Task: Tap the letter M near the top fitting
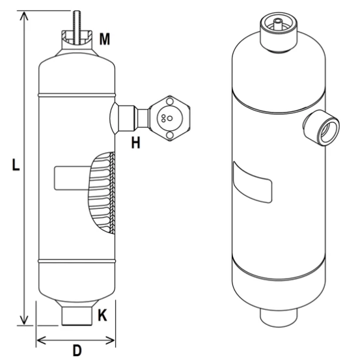104,40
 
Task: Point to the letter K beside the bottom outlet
102,316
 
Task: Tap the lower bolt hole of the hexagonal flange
169,135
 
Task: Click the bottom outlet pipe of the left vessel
76,316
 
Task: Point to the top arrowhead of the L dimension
25,14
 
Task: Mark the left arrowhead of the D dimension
38,339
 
